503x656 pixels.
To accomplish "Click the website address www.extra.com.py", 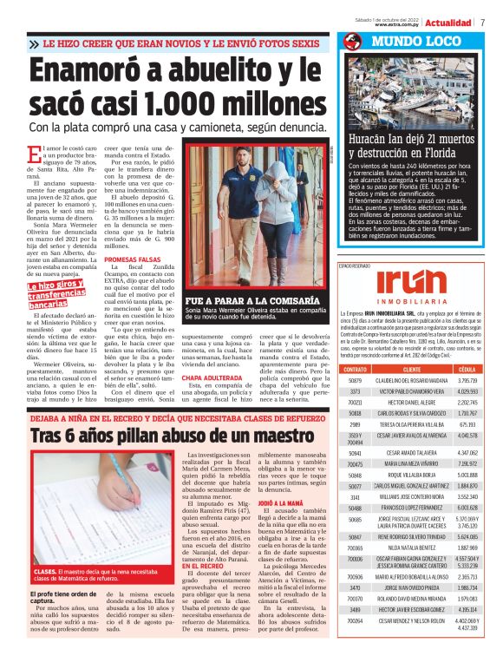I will click(x=399, y=25).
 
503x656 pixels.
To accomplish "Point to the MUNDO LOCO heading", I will click(x=401, y=42).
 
